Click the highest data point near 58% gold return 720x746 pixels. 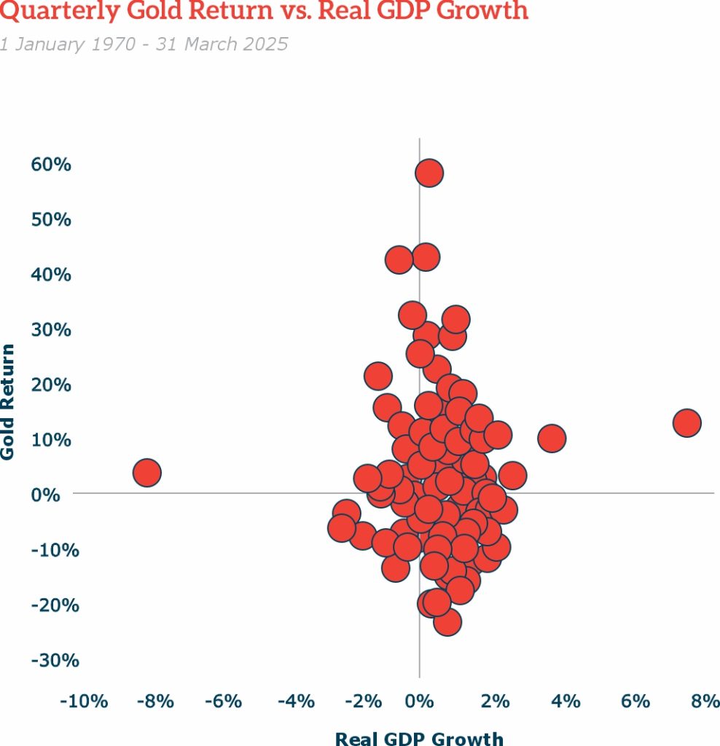pos(429,173)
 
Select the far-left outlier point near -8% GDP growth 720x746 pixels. pos(146,473)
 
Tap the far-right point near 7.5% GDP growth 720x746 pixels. pos(686,423)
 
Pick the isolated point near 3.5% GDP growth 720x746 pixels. pos(552,439)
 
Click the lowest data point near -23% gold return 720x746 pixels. pos(447,622)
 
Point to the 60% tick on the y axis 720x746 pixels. pos(51,165)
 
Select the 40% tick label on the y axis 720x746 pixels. pos(51,275)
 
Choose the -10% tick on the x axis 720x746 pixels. pos(84,702)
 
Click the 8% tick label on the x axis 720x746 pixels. pos(705,702)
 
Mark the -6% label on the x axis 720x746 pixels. pos(222,702)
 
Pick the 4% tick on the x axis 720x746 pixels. pos(566,702)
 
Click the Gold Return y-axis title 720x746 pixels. pos(8,401)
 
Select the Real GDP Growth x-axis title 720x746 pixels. pos(419,738)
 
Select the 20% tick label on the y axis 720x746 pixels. pos(51,385)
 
